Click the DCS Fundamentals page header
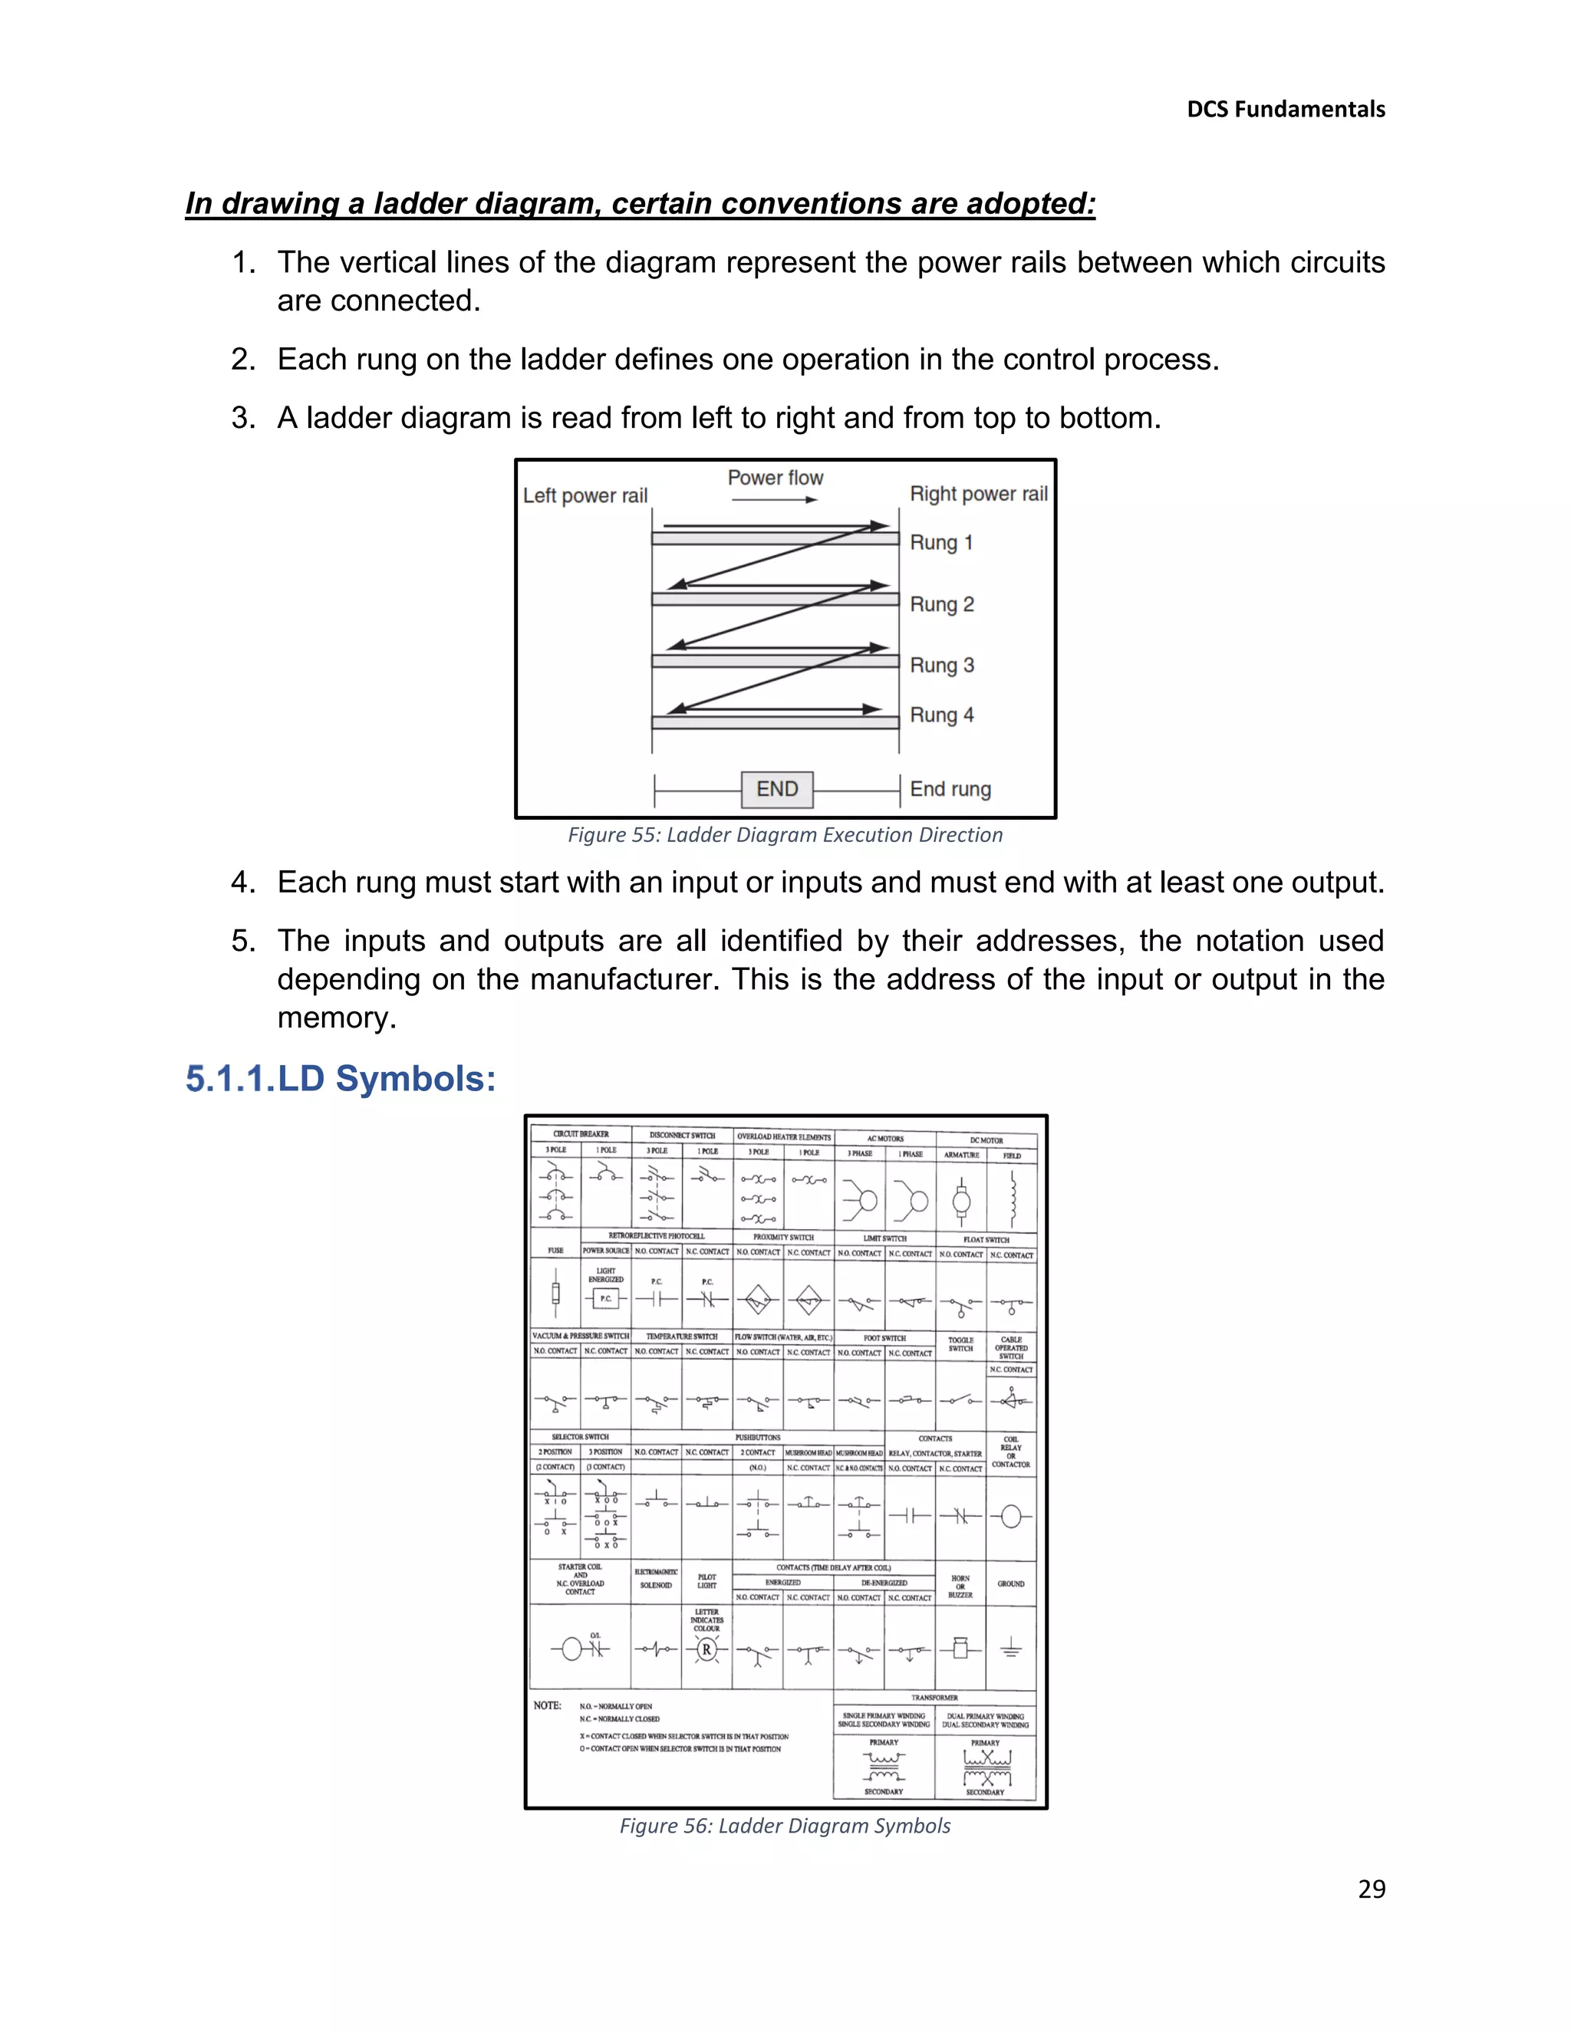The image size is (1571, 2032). [x=1286, y=110]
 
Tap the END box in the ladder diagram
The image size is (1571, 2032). [x=777, y=789]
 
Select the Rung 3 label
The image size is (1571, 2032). [x=942, y=666]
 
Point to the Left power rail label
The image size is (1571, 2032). [x=585, y=496]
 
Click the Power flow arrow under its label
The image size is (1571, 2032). [x=774, y=501]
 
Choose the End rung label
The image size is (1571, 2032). [x=950, y=789]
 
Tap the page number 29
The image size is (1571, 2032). [x=1371, y=1889]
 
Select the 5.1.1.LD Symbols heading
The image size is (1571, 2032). [x=341, y=1080]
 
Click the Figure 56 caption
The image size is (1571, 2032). [x=785, y=1826]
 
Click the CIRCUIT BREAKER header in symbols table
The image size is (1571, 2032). [x=581, y=1134]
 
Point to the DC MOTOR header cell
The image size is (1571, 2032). [x=986, y=1139]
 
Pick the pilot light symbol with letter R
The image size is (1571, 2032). [x=706, y=1649]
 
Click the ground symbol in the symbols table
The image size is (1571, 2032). [x=1011, y=1649]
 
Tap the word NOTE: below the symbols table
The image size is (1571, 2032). [x=547, y=1705]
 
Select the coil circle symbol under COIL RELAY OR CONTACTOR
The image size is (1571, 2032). [x=1011, y=1517]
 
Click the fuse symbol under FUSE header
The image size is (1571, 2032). [x=555, y=1294]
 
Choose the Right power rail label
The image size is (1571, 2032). [x=978, y=494]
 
